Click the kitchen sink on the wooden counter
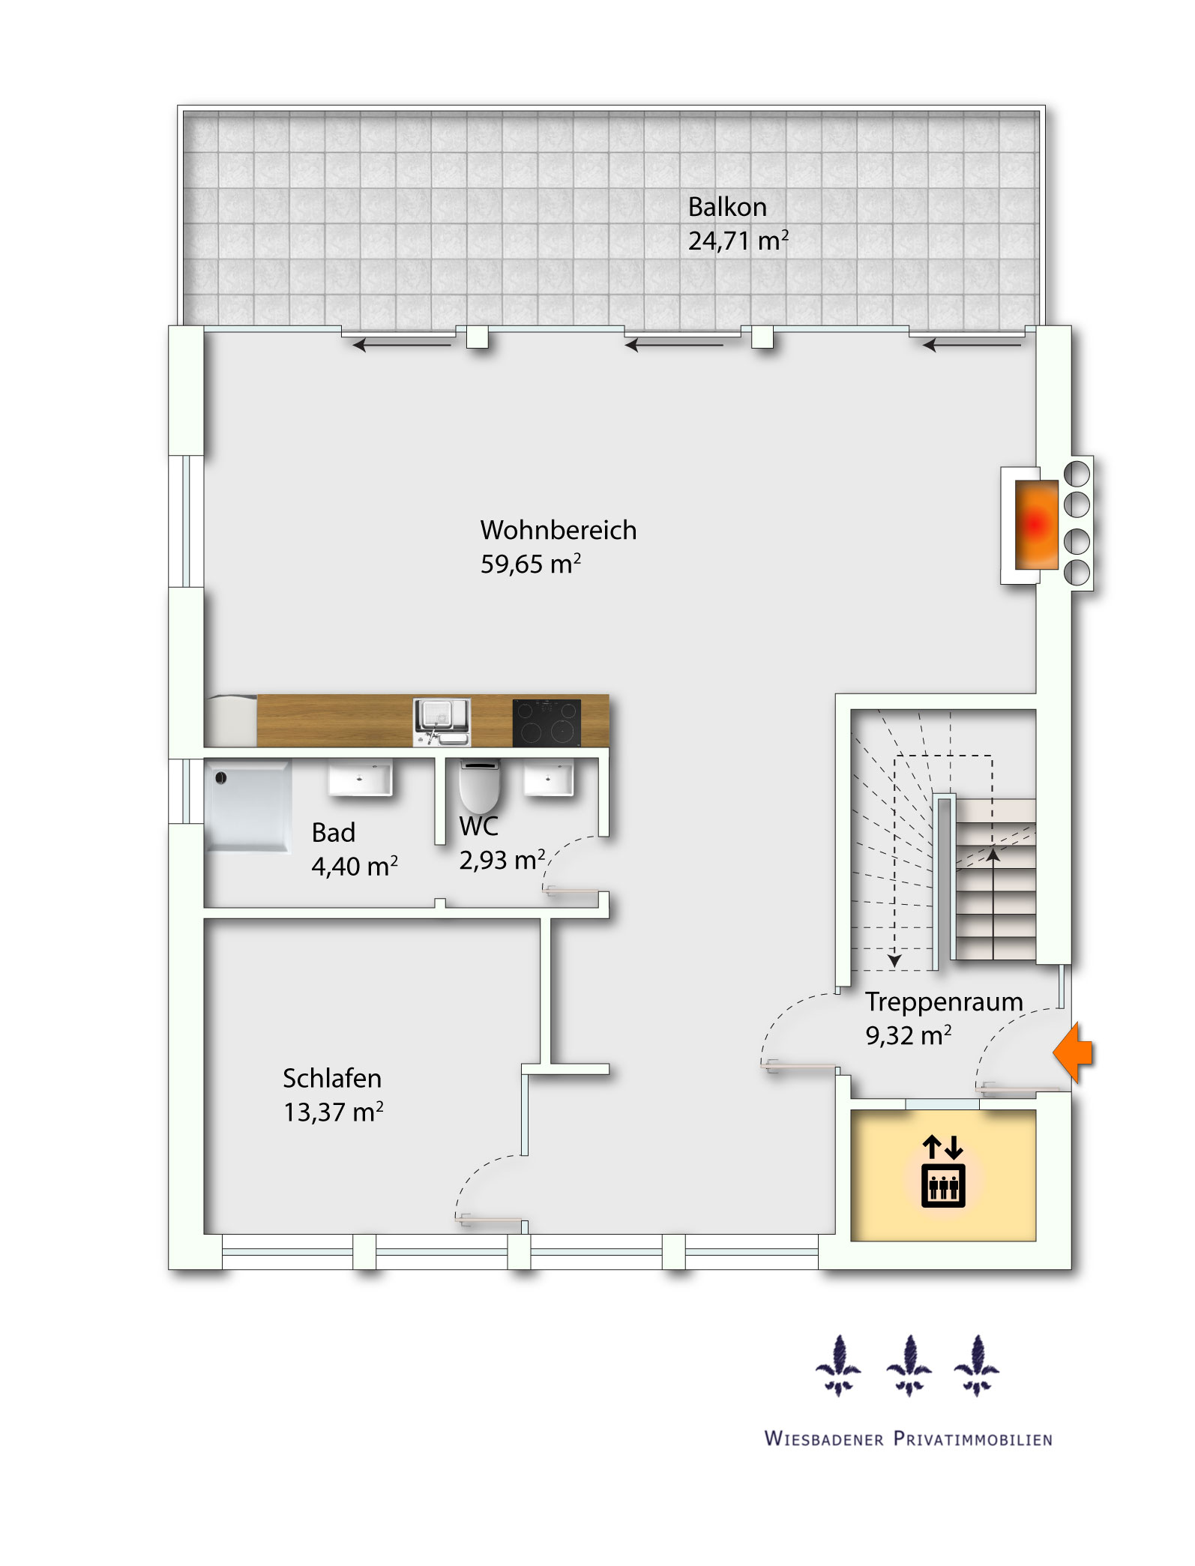coord(442,722)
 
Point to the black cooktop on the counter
coord(547,723)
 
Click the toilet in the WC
coord(479,786)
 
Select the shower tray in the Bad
coord(247,806)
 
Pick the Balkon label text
coord(727,207)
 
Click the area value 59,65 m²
coord(531,564)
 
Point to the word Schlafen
coord(332,1078)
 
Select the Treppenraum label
coord(944,1002)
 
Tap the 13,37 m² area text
coord(334,1112)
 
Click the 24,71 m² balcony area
coord(738,241)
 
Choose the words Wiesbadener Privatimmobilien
coord(909,1439)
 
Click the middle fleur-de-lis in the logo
coord(909,1366)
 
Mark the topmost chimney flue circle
coord(1077,473)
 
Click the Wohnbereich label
coord(559,530)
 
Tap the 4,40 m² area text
coord(355,866)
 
